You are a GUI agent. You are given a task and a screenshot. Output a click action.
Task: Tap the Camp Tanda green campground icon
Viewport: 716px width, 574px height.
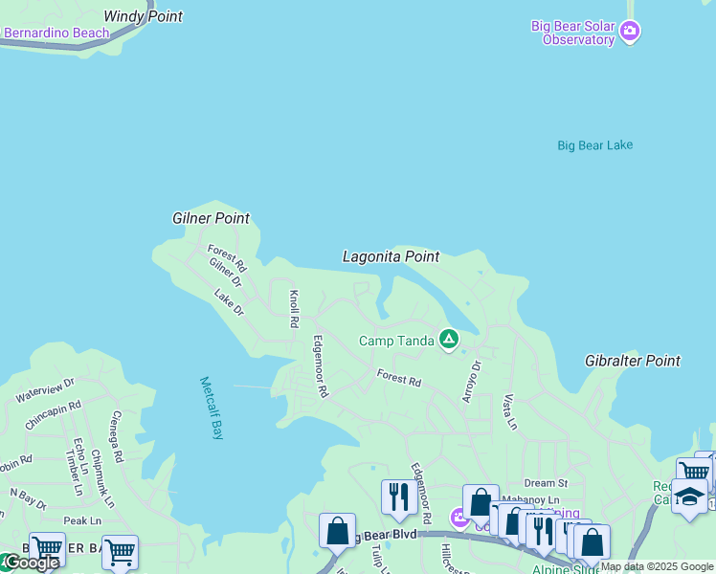coord(448,340)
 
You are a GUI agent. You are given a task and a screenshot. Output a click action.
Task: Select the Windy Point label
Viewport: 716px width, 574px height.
coord(143,16)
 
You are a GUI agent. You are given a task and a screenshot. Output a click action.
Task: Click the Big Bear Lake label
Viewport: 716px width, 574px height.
coord(594,145)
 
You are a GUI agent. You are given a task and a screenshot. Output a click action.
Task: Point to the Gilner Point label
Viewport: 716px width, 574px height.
coord(211,218)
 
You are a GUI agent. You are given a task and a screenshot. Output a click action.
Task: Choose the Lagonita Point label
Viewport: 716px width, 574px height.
coord(391,256)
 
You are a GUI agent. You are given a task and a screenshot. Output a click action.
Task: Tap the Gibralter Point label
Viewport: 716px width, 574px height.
coord(633,361)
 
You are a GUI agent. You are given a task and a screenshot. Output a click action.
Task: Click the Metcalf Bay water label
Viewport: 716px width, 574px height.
coord(211,408)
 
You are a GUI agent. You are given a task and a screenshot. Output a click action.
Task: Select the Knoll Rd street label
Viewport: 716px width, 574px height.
coord(294,304)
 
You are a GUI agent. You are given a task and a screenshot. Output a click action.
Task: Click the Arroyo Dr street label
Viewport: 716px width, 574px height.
coord(469,381)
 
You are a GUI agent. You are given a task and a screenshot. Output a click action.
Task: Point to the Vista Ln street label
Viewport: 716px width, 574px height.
coord(510,410)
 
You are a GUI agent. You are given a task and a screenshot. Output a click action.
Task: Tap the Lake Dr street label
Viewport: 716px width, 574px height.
coord(230,302)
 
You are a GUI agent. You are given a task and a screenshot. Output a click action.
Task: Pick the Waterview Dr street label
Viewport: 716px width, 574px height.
coord(44,390)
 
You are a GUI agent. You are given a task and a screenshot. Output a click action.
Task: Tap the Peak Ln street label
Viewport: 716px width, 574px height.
coord(82,520)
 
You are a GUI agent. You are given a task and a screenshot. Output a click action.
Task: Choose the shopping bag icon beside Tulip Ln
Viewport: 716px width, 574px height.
coord(337,531)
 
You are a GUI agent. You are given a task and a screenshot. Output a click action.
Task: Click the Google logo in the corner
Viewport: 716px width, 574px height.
coord(31,563)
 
